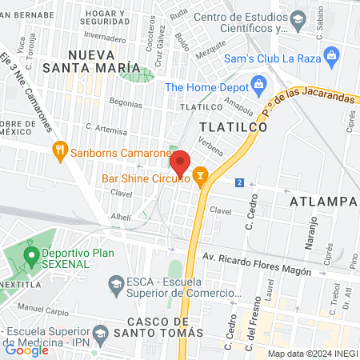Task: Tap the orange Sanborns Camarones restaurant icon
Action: click(x=60, y=150)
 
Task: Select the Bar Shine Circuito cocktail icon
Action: click(x=200, y=174)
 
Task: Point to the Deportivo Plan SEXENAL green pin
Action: click(x=31, y=255)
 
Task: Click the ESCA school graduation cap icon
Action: click(x=116, y=284)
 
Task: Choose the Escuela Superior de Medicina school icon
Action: click(x=101, y=332)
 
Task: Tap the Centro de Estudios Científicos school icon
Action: click(x=298, y=19)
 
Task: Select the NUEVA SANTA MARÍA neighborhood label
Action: click(x=104, y=62)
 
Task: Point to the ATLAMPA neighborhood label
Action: click(x=324, y=200)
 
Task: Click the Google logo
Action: click(x=26, y=350)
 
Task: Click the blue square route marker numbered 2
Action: click(x=239, y=183)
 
